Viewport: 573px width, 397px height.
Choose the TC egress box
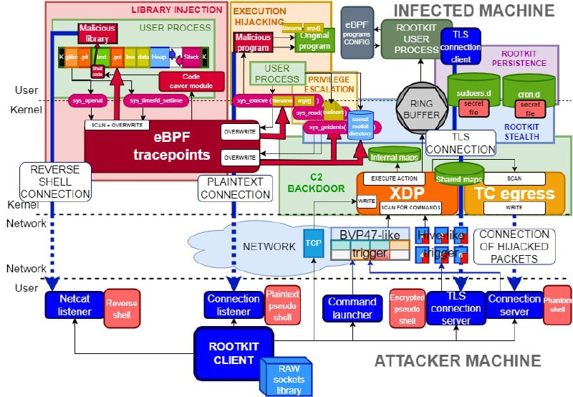[x=514, y=192]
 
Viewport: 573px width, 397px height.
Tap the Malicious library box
[x=97, y=34]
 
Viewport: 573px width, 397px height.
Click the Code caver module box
[x=191, y=81]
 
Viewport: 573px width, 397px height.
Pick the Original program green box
[x=315, y=40]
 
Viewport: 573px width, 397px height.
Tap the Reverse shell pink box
[x=122, y=305]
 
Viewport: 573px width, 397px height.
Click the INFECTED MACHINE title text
[x=475, y=10]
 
